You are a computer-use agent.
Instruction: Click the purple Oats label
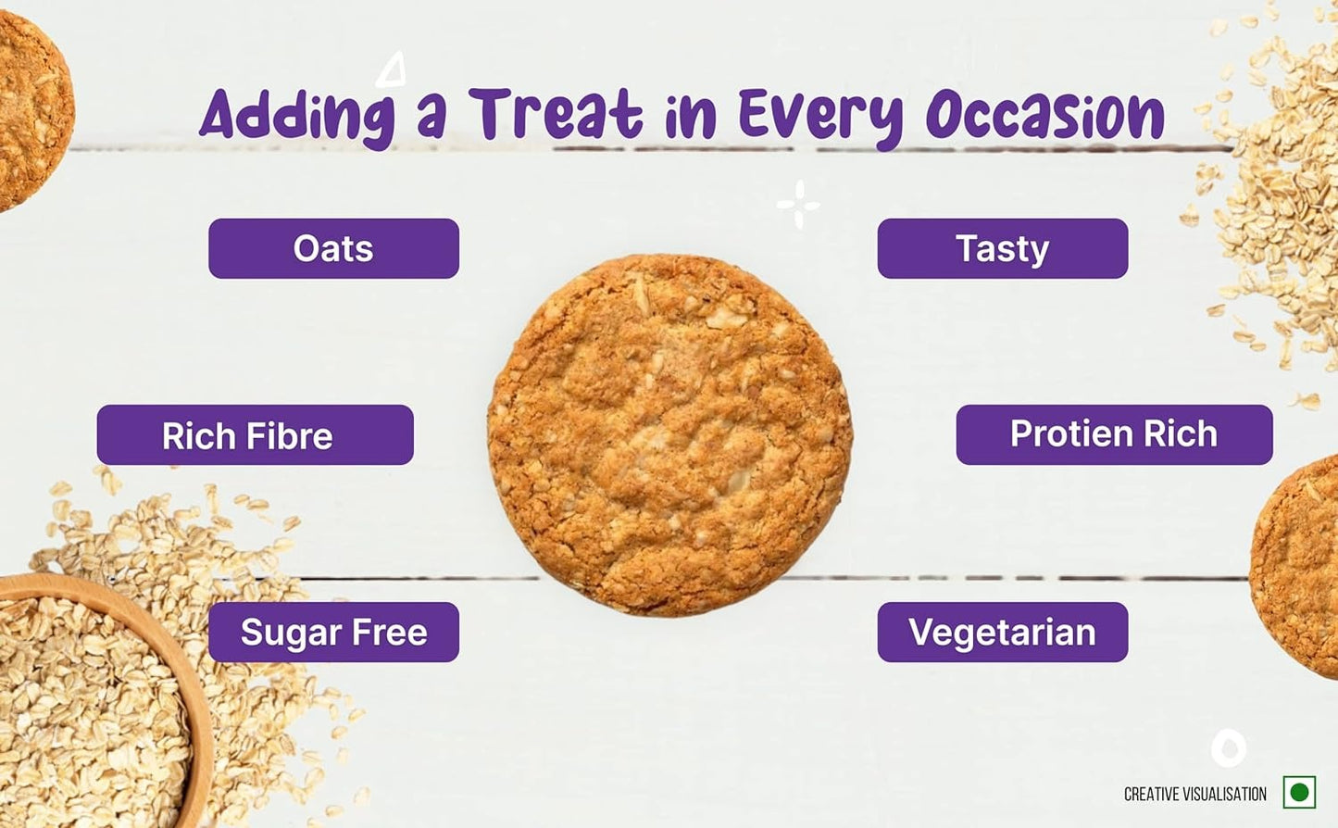pos(333,248)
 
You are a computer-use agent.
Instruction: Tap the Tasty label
pos(1002,248)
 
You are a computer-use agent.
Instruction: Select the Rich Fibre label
pos(255,435)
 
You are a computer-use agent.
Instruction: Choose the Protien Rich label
pos(1114,434)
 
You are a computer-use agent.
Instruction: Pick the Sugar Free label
pos(333,632)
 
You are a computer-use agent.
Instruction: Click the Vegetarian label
pos(1002,632)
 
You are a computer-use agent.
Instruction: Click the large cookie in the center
pos(669,435)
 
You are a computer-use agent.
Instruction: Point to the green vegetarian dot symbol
pos(1299,793)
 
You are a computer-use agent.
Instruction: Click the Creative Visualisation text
pos(1194,795)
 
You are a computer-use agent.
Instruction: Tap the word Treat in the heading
pos(555,115)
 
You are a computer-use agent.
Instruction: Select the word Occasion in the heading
pos(1044,117)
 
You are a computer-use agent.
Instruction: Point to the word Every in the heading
pos(819,117)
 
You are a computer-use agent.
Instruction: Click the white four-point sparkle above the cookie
pos(797,205)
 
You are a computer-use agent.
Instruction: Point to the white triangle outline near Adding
pos(393,70)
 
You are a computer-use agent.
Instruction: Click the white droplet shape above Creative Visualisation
pos(1229,747)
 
